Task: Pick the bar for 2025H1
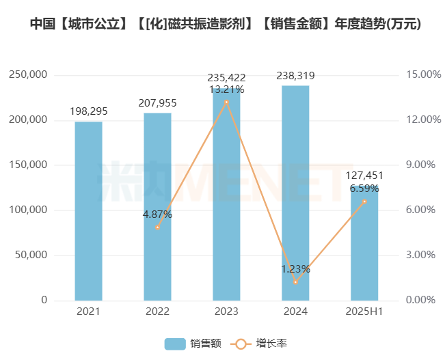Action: (364, 246)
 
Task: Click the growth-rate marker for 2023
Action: (226, 102)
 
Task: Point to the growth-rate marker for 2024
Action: (295, 281)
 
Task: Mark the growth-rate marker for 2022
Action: (157, 227)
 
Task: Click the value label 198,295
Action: (88, 111)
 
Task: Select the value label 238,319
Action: (295, 75)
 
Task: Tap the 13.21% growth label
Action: (226, 89)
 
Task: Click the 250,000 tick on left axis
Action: (28, 74)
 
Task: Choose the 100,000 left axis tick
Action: (28, 210)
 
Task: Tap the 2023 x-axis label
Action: (226, 311)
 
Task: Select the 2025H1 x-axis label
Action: (364, 311)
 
